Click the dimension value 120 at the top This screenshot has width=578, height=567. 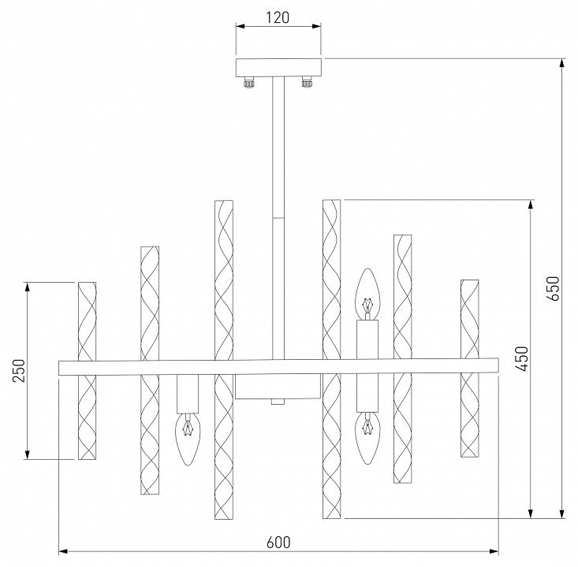pos(278,16)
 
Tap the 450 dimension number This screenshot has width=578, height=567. pos(521,358)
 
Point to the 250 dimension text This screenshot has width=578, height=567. pos(19,370)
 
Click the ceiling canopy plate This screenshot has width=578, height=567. pos(278,66)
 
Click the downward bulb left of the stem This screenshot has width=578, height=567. pos(188,437)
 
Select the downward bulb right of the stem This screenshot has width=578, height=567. pos(367,439)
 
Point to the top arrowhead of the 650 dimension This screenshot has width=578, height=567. pos(561,63)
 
